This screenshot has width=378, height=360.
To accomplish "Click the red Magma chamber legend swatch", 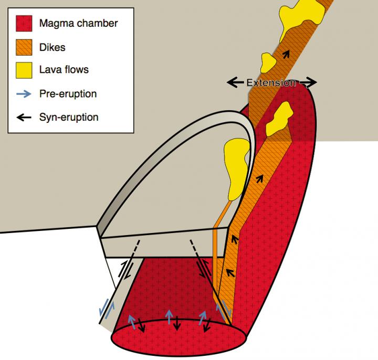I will (24, 24).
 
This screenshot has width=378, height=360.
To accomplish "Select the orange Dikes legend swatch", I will (24, 47).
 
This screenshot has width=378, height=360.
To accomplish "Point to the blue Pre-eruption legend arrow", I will (24, 93).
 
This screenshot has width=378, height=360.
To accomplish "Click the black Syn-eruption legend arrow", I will (24, 117).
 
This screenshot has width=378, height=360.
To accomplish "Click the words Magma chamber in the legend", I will (78, 24).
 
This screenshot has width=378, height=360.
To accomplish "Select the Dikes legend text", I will (52, 47).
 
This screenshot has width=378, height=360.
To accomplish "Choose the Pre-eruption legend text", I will (68, 93).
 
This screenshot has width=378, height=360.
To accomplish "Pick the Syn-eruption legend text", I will (69, 117).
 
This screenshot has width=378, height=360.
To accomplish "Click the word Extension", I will (271, 82).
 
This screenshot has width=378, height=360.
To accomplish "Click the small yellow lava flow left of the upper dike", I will (267, 63).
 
